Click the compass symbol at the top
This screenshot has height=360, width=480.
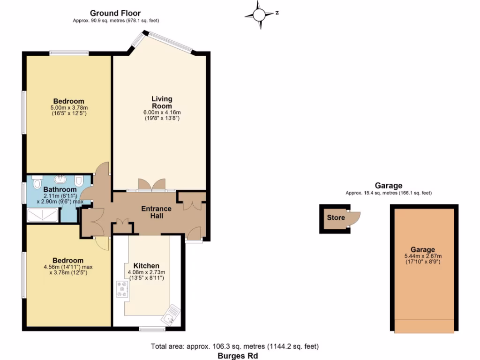(x=259, y=13)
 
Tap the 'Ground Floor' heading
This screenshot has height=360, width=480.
(x=115, y=13)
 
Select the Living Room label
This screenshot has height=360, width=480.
(x=162, y=102)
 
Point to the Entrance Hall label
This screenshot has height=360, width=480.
(x=157, y=212)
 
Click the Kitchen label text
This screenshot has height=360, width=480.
(x=146, y=266)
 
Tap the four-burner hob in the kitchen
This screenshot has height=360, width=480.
(x=122, y=289)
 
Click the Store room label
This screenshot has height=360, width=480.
(x=336, y=217)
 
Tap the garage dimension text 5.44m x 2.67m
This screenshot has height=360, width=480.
(x=423, y=256)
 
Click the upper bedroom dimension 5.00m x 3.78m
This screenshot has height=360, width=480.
(x=68, y=108)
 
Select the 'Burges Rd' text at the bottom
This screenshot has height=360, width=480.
(x=235, y=355)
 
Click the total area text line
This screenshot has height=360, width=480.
(x=235, y=347)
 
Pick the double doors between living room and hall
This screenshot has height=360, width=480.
(x=151, y=185)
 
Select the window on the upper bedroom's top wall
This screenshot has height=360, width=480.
(x=69, y=53)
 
